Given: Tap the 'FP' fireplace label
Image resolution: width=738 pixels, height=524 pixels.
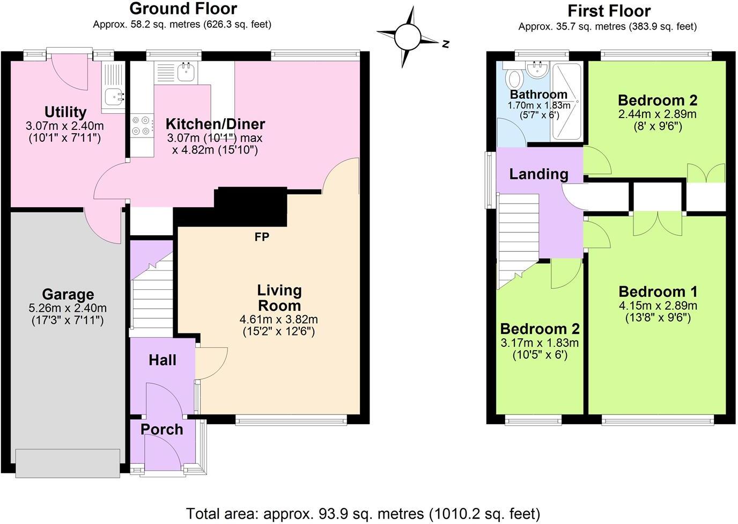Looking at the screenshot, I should pos(262,237).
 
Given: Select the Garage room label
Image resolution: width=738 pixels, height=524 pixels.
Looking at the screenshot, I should pos(68,294).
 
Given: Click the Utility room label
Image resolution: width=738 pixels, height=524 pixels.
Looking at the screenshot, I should pos(65,112).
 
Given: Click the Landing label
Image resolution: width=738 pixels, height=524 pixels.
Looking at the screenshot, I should pos(538,174).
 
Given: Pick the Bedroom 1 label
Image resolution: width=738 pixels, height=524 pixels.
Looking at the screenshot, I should pos(658,292).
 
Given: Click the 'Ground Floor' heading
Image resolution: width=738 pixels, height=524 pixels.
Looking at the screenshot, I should pos(183,9).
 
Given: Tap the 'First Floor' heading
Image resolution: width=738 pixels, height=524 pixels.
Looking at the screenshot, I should pos(609,11).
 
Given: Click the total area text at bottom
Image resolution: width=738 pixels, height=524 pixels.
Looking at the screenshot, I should pos(363,513).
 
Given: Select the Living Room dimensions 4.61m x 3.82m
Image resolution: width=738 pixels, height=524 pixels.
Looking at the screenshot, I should pos(279,319).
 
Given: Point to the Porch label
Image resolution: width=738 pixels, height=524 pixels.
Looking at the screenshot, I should pos(161,430).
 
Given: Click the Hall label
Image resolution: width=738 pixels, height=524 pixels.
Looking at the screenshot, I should pos(162,360).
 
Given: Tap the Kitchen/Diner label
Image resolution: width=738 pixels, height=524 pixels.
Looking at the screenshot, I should pos(215,124).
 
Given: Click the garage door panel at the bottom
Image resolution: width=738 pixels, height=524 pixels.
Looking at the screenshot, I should pos(68,463).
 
